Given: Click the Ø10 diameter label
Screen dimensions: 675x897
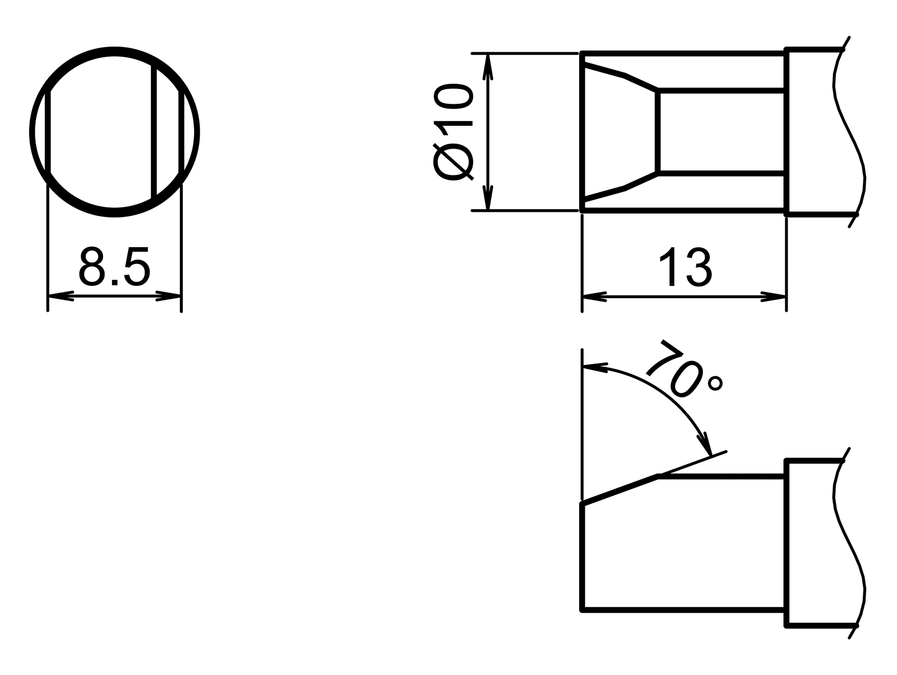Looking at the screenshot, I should pos(454,132).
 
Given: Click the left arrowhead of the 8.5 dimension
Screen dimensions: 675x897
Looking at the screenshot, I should pos(61,295).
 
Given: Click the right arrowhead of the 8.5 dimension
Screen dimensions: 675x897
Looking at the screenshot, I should pos(169,295).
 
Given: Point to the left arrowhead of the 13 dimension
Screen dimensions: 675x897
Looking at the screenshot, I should pos(594,297).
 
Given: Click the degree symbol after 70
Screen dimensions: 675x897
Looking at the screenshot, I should pos(715,383).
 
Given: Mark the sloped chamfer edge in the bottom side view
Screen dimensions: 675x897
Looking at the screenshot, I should pos(619,489).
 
